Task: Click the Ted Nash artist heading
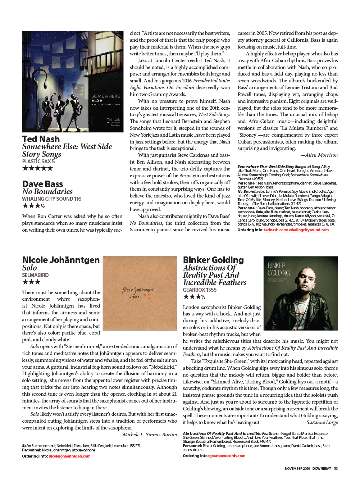pyautogui.click(x=41, y=139)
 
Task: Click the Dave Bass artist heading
pyautogui.click(x=42, y=184)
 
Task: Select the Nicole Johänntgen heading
pyautogui.click(x=61, y=260)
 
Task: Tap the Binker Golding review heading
pyautogui.click(x=213, y=260)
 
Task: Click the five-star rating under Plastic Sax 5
pyautogui.click(x=37, y=168)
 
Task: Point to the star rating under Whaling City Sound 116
pyautogui.click(x=33, y=206)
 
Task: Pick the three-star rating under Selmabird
pyautogui.click(x=31, y=282)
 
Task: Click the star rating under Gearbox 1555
pyautogui.click(x=194, y=297)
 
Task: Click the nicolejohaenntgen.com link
pyautogui.click(x=69, y=456)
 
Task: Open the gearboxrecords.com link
pyautogui.click(x=227, y=456)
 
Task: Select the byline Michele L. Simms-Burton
pyautogui.click(x=147, y=435)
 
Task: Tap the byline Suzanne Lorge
pyautogui.click(x=320, y=423)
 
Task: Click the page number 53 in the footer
pyautogui.click(x=336, y=469)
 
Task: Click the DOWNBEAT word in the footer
pyautogui.click(x=322, y=469)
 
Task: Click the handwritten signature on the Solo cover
pyautogui.click(x=138, y=290)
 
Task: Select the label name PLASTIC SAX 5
pyautogui.click(x=38, y=162)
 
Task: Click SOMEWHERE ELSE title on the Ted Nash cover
pyautogui.click(x=105, y=98)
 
